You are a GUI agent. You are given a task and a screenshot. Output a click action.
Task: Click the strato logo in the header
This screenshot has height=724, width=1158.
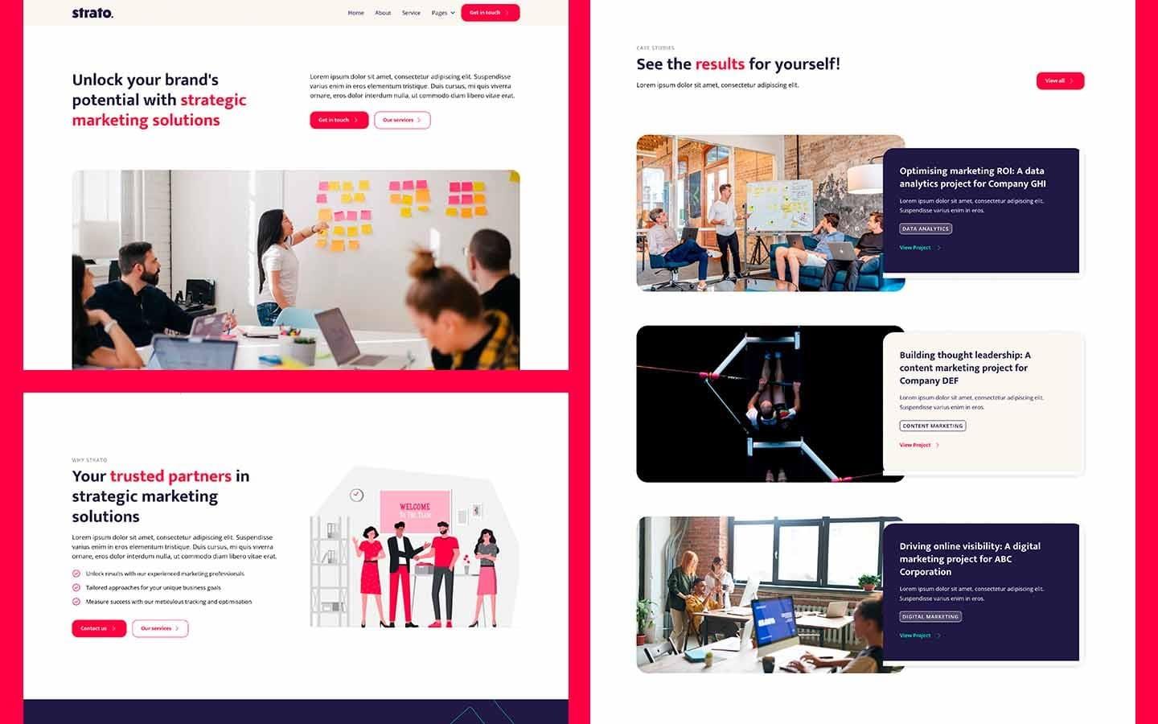(x=92, y=13)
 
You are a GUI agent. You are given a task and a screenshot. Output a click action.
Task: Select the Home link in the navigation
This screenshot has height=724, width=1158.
(x=355, y=13)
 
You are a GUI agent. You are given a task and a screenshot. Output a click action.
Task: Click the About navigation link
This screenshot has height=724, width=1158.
(x=383, y=13)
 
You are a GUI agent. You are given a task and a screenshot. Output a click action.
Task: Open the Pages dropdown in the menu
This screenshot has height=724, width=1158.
(x=443, y=13)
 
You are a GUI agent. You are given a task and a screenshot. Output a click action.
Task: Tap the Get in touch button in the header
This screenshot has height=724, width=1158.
(x=490, y=13)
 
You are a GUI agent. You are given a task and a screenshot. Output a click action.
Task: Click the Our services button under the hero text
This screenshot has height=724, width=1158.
(x=402, y=120)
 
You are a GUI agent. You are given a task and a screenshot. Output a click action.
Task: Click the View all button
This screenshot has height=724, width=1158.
(x=1060, y=80)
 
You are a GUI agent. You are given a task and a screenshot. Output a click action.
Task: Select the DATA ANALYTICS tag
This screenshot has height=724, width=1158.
(x=926, y=228)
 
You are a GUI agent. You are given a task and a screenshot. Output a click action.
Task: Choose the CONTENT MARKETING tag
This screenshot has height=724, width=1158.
(x=932, y=426)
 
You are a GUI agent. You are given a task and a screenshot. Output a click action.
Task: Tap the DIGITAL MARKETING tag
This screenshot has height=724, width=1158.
(x=930, y=616)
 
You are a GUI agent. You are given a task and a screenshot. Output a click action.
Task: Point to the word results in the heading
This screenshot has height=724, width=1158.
(x=720, y=64)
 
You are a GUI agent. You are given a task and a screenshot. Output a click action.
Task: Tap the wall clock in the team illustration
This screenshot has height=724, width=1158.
(x=357, y=496)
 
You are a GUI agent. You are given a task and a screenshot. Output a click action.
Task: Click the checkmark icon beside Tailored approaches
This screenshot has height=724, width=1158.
(x=76, y=587)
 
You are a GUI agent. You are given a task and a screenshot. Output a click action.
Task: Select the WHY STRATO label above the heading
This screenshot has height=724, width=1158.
(x=89, y=460)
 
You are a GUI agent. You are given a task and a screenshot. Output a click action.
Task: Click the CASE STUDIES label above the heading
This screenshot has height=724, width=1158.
(x=655, y=48)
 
